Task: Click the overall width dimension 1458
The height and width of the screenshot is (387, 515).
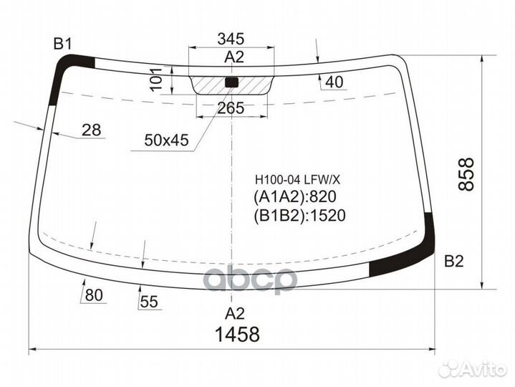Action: [234, 333]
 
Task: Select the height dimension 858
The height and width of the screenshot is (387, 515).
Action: [466, 174]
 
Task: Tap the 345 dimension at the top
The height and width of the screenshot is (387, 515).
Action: [231, 39]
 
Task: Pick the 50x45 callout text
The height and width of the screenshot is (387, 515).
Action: [166, 141]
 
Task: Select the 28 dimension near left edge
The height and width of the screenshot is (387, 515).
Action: [91, 130]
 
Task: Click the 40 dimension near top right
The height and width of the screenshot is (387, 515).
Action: [334, 83]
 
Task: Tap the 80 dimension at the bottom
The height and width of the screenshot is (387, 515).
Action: [94, 295]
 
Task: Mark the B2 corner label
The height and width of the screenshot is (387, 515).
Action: [454, 261]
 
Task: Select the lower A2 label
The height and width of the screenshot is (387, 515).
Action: [235, 312]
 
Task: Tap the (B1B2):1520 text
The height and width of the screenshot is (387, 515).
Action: [299, 215]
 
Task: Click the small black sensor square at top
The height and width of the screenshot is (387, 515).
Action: [231, 82]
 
